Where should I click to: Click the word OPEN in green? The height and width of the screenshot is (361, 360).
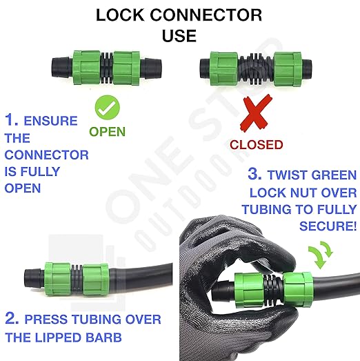[x=107, y=130]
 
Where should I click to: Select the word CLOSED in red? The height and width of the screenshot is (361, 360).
[x=256, y=144]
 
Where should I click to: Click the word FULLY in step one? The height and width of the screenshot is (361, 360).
[x=43, y=171]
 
